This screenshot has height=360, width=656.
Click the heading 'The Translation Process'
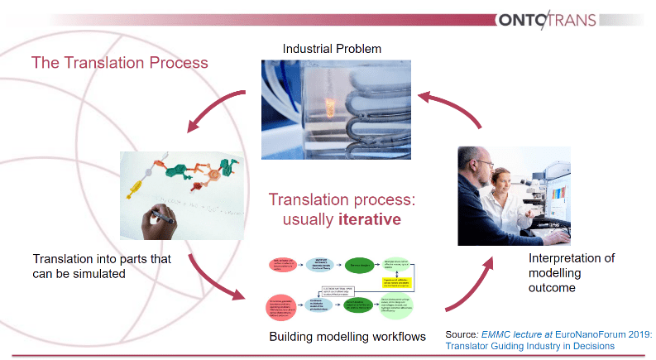[119, 62]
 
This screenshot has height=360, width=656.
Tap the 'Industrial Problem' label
[332, 49]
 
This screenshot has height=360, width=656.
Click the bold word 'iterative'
[369, 220]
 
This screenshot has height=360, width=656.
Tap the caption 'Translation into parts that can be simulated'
[102, 266]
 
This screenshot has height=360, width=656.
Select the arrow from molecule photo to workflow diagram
[215, 281]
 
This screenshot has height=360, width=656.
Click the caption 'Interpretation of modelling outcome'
[571, 272]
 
